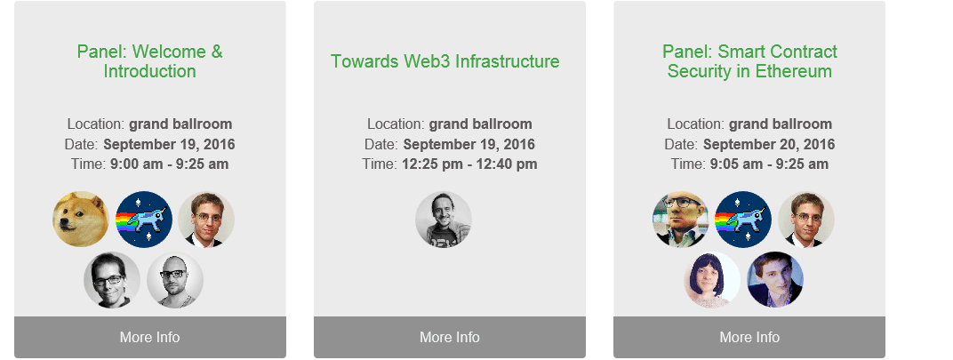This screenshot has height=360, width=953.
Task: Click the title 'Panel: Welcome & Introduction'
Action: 149,61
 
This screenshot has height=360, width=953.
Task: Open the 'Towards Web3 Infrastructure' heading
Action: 444,61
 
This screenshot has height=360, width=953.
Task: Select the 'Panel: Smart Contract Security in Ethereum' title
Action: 749,61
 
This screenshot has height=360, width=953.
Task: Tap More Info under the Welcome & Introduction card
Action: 149,337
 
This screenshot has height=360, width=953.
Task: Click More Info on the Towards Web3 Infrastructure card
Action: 450,337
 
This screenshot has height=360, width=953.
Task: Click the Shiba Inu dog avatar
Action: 80,219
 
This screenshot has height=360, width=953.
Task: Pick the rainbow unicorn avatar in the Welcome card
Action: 144,219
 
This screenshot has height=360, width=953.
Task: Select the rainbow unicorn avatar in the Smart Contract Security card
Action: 743,219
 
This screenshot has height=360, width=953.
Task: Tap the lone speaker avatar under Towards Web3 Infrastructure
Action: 444,219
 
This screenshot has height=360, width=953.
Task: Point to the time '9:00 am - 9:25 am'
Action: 170,164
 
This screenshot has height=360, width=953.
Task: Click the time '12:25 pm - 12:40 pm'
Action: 469,164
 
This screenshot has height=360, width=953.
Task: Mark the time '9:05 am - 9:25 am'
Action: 769,164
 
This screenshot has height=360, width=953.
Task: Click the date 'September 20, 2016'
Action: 769,145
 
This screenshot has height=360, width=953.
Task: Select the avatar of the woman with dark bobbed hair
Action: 712,280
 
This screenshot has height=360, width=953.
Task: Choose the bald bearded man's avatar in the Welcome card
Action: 175,280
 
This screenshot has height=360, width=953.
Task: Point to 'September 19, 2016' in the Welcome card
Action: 169,145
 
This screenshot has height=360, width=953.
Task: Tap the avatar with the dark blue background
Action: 775,280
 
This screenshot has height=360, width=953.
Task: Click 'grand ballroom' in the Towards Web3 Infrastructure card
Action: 481,124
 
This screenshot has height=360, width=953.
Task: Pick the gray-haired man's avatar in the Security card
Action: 681,219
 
